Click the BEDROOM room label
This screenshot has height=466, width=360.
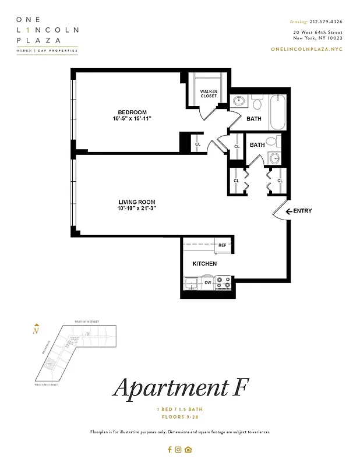(x=132, y=112)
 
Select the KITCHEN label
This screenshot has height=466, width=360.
(x=204, y=264)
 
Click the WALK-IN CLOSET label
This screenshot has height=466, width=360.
(x=209, y=94)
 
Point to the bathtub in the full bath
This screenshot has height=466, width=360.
(x=277, y=114)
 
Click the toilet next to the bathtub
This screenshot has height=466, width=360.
(x=257, y=103)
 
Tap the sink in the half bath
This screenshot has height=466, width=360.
(x=273, y=158)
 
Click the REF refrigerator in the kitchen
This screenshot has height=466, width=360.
(x=221, y=246)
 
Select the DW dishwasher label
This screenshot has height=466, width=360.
(x=207, y=284)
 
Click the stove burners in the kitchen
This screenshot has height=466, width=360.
(x=223, y=283)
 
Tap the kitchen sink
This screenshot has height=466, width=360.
(x=190, y=284)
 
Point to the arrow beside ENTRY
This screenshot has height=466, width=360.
(x=288, y=211)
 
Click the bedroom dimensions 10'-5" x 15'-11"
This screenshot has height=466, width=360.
(x=132, y=119)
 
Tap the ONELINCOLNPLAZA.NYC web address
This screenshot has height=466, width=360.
(x=307, y=50)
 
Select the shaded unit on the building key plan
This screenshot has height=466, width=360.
(x=50, y=364)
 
